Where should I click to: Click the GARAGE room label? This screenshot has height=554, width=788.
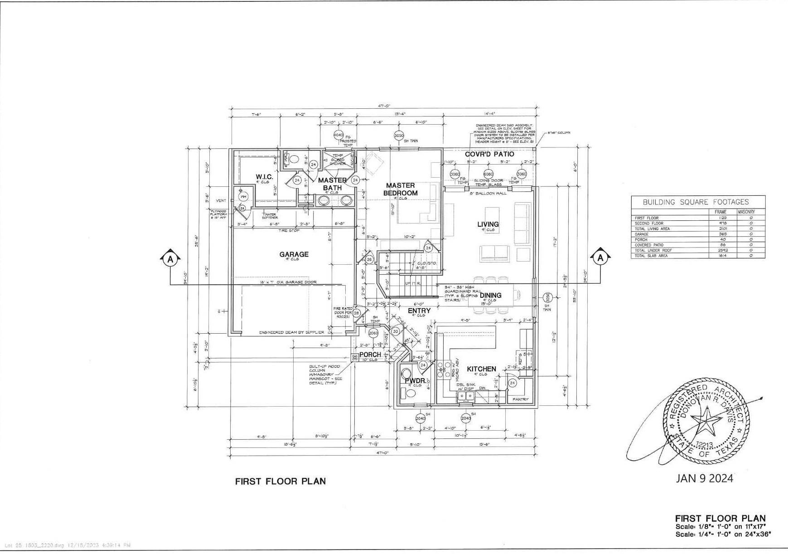(x=294, y=254)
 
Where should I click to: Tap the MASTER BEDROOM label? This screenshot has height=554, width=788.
(x=400, y=189)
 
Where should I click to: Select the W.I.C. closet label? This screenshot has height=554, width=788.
(x=264, y=176)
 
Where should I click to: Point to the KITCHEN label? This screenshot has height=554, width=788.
(x=481, y=369)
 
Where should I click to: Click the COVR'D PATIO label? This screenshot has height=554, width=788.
(x=489, y=154)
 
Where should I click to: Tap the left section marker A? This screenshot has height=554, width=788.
(x=170, y=259)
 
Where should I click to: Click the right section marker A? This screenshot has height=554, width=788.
(x=600, y=258)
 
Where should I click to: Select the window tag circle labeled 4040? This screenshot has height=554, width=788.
(x=338, y=135)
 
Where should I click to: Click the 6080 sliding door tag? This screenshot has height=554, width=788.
(x=488, y=174)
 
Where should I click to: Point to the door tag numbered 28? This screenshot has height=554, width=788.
(x=357, y=313)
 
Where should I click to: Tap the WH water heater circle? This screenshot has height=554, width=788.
(x=243, y=197)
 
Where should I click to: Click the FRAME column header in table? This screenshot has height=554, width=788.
(x=720, y=212)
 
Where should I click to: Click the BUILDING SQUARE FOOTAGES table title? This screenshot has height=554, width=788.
(x=696, y=202)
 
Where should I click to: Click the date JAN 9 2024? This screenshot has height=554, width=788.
(x=704, y=478)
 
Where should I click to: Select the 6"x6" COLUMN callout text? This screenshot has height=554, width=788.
(x=558, y=133)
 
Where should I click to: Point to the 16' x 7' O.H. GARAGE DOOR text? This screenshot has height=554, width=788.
(x=288, y=282)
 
